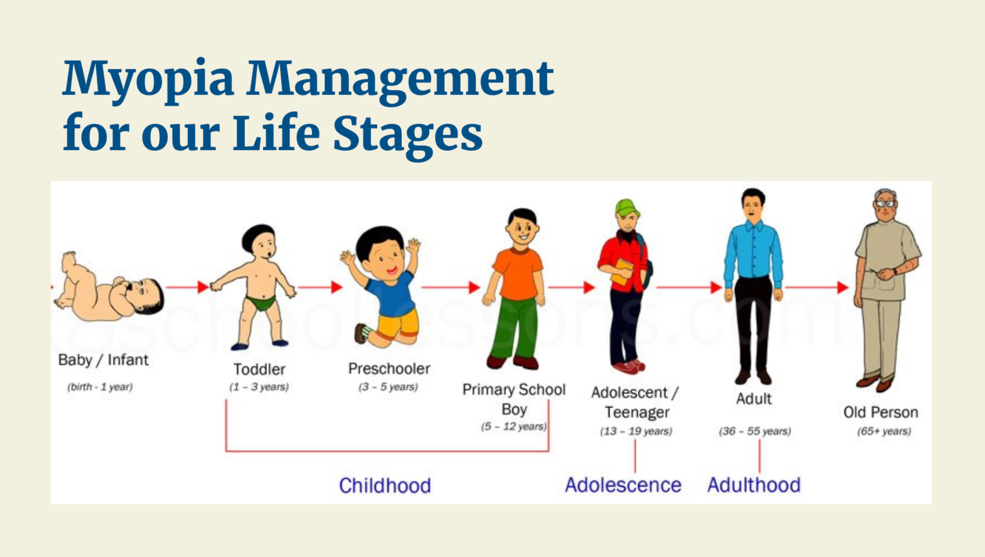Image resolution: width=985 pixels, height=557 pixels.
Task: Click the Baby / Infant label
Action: pyautogui.click(x=103, y=360)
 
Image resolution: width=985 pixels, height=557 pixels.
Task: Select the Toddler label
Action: pyautogui.click(x=259, y=369)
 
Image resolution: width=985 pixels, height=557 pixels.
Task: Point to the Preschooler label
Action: pyautogui.click(x=389, y=369)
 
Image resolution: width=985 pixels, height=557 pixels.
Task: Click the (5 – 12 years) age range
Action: pyautogui.click(x=513, y=426)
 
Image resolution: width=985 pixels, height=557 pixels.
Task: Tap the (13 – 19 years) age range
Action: pyautogui.click(x=636, y=431)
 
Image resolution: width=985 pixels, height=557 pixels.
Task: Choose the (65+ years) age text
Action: pyautogui.click(x=884, y=431)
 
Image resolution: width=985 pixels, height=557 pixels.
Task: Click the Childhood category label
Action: pyautogui.click(x=385, y=485)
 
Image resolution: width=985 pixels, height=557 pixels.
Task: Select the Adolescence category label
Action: pyautogui.click(x=623, y=485)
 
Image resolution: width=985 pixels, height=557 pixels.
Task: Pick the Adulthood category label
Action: pyautogui.click(x=754, y=485)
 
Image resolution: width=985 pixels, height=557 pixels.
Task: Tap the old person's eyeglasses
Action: pyautogui.click(x=885, y=204)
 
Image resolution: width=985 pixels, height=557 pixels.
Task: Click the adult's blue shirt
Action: pyautogui.click(x=753, y=253)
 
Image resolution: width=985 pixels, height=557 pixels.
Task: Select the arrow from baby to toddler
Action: pyautogui.click(x=187, y=287)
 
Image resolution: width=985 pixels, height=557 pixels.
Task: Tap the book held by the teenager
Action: pyautogui.click(x=622, y=272)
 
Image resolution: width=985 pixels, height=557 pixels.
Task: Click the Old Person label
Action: pyautogui.click(x=881, y=412)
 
